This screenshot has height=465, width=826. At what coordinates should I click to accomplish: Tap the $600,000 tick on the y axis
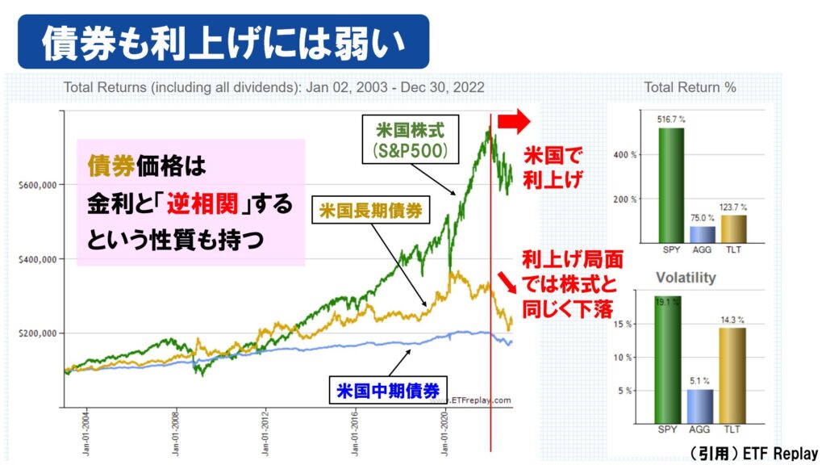click(36, 185)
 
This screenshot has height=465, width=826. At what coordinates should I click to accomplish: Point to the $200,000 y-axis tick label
click(36, 333)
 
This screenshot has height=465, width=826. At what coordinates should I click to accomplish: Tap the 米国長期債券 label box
click(370, 212)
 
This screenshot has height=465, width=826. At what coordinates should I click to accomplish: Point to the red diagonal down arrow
click(507, 282)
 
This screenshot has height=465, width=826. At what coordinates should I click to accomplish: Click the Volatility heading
click(685, 278)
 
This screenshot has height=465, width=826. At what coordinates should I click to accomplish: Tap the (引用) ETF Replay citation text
click(742, 453)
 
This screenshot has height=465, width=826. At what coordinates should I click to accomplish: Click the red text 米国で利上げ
click(553, 165)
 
